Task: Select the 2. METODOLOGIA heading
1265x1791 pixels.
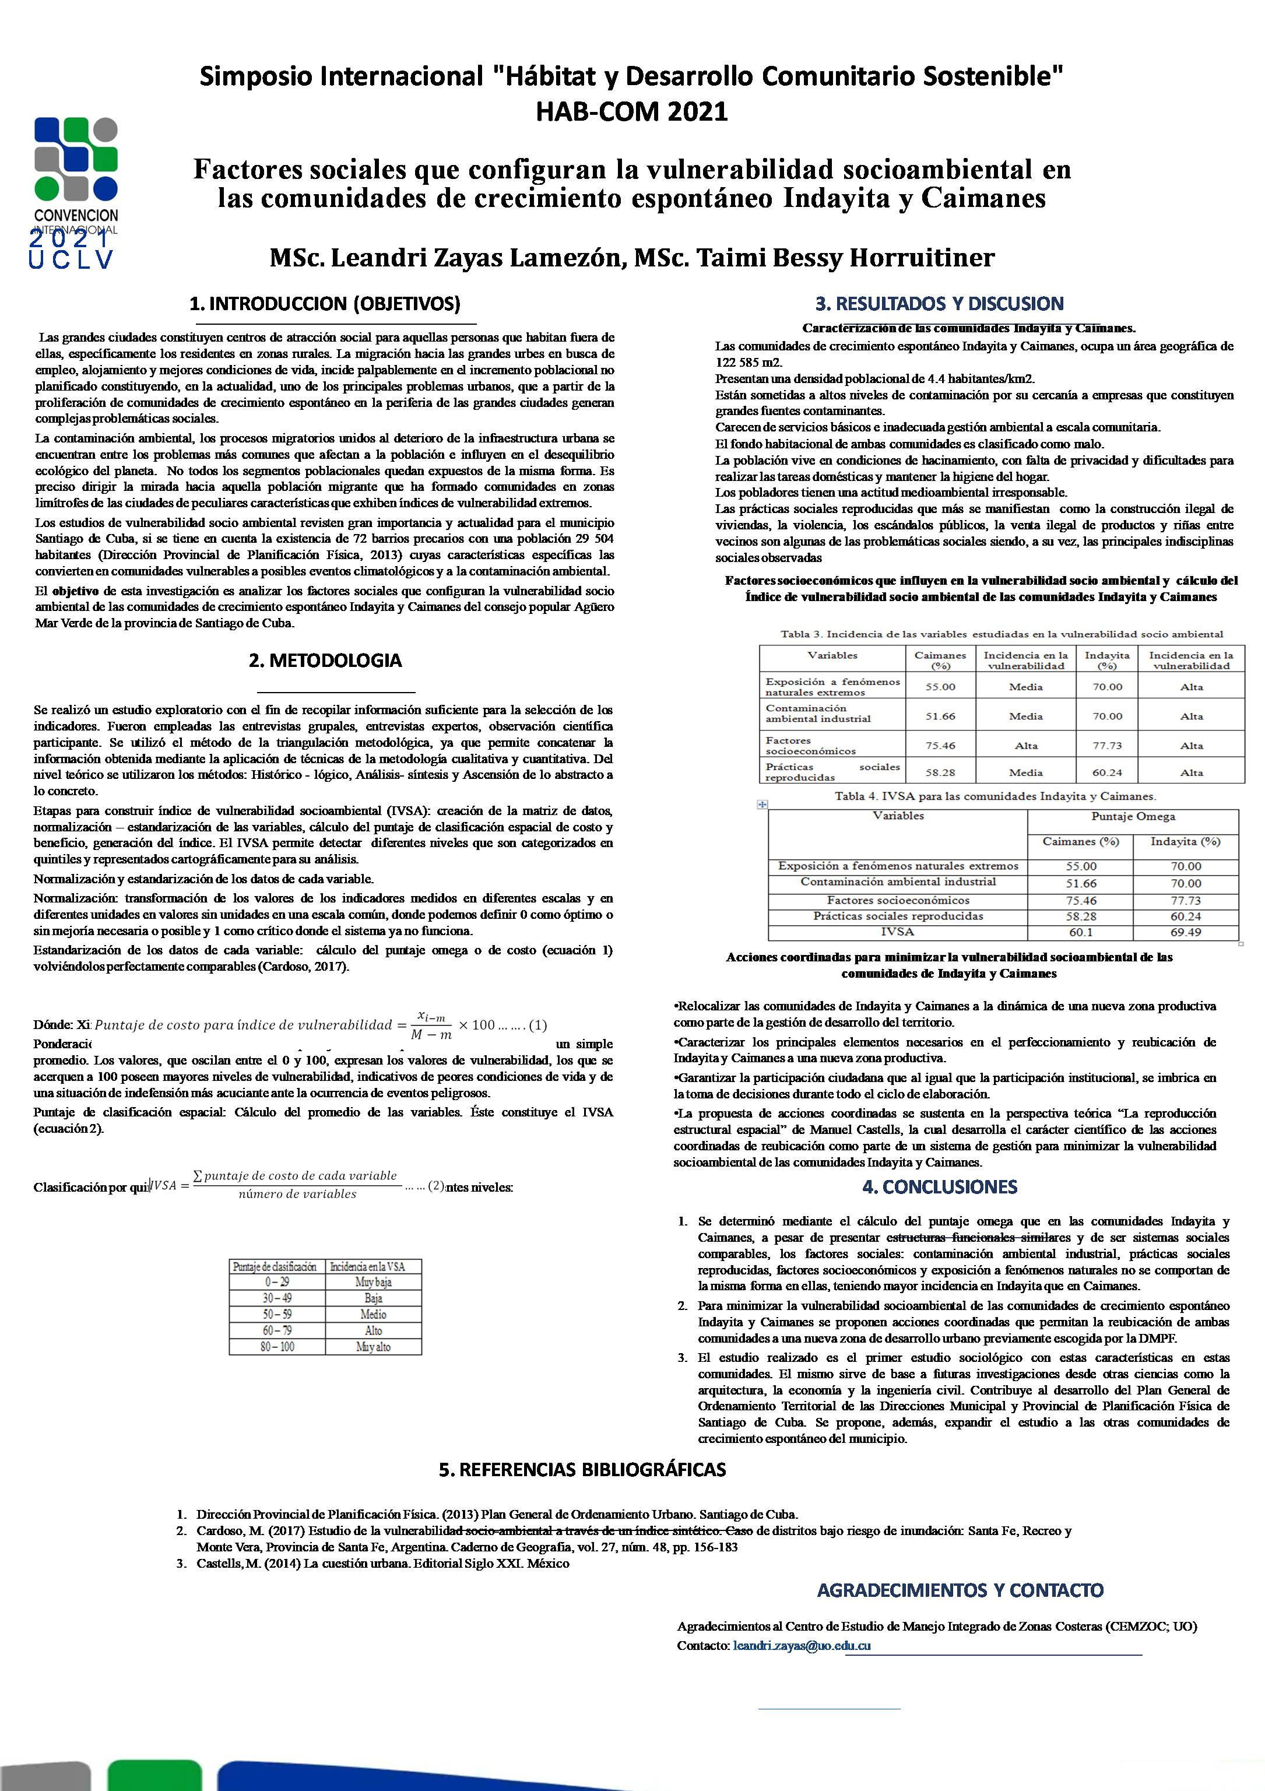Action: pos(325,660)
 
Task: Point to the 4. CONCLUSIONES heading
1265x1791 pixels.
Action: pos(939,1186)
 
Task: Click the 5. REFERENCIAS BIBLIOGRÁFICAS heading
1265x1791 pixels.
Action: pos(582,1470)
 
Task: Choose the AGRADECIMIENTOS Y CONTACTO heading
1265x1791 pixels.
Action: pos(960,1590)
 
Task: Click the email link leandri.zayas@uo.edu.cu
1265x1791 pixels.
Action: pos(802,1646)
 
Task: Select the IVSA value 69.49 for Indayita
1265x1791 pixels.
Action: pos(1185,933)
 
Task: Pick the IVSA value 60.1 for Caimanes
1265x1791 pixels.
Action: pos(1080,933)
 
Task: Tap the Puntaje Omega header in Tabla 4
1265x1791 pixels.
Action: pos(1133,817)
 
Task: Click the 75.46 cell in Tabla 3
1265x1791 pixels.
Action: pos(940,746)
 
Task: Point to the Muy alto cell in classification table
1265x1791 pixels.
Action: pos(373,1347)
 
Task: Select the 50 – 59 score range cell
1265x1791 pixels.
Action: pos(277,1314)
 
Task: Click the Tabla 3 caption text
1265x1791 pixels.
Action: pos(1002,634)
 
